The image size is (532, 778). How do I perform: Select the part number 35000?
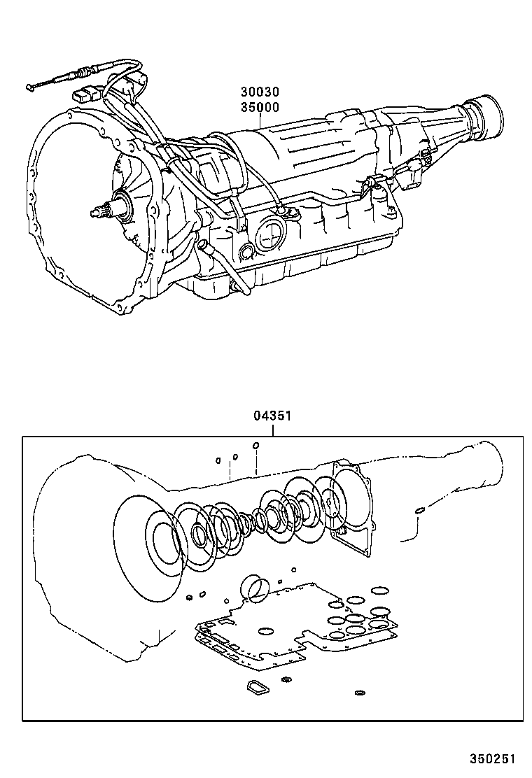(x=260, y=107)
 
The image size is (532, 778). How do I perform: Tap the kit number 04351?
(x=272, y=416)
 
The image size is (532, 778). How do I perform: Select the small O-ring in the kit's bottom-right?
(x=360, y=693)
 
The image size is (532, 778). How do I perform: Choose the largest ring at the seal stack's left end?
(x=148, y=546)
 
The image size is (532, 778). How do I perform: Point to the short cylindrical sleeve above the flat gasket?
(x=254, y=587)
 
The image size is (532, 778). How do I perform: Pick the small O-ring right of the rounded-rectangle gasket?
(x=286, y=679)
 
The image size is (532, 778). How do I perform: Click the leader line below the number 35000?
(x=260, y=120)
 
